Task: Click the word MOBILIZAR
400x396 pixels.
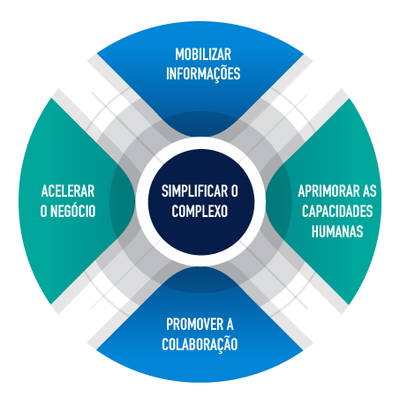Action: [x=203, y=55]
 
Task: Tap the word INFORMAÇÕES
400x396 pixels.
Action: [x=203, y=73]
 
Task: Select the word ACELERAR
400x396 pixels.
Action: [x=68, y=191]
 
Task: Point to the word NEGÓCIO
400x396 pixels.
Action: [x=73, y=211]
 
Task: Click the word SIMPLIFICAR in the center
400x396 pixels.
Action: [x=195, y=191]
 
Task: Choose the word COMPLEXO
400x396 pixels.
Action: [x=200, y=211]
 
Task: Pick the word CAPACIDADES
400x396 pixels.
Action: [x=337, y=211]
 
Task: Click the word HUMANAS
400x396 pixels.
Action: [x=337, y=231]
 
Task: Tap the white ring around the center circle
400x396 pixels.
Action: [x=201, y=143]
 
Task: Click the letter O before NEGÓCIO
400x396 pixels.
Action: [x=44, y=211]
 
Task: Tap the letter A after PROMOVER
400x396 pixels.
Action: [x=230, y=325]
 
